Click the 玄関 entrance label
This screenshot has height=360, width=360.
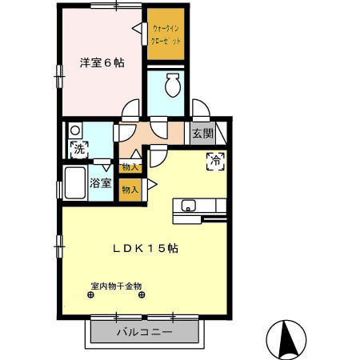(x=202, y=134)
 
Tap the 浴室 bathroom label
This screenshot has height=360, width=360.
(x=100, y=182)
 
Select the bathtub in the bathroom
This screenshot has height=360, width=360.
(x=74, y=185)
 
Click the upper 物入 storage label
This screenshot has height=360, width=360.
(x=130, y=167)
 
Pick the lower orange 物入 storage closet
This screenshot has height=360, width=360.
(x=130, y=190)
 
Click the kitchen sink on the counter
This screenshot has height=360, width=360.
(x=190, y=204)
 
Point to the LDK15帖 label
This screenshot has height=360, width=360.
(x=144, y=249)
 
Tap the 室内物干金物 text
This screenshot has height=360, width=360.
(x=116, y=286)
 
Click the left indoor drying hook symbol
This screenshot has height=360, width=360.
(x=90, y=294)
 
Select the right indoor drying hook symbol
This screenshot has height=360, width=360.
(x=143, y=294)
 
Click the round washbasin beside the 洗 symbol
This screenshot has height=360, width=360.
(x=74, y=130)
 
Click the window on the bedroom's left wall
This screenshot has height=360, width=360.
(x=58, y=74)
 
